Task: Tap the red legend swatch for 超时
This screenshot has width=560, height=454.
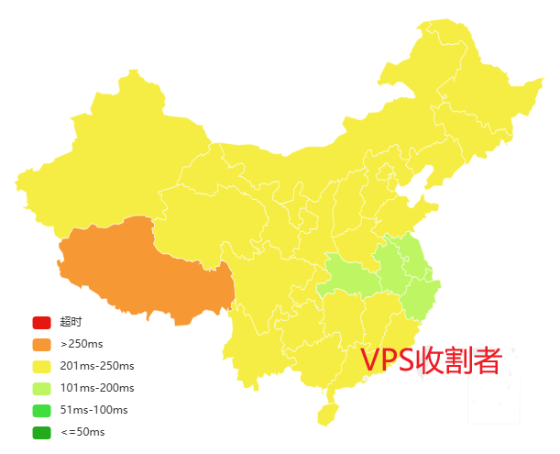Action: pos(41,323)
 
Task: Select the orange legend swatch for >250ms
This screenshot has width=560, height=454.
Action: pos(41,345)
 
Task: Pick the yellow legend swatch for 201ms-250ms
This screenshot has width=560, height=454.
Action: pos(41,367)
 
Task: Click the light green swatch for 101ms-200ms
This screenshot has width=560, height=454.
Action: pos(41,389)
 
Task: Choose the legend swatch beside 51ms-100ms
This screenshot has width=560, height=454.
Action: pos(41,410)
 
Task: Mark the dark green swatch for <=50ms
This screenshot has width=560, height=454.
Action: pos(41,432)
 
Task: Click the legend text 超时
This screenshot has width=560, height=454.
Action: pos(71,323)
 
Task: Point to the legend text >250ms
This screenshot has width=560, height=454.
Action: pos(80,345)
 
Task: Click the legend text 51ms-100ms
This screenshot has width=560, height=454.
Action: pos(92,410)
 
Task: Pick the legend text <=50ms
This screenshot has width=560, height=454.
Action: pos(82,432)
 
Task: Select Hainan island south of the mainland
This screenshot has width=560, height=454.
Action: pos(327,414)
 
